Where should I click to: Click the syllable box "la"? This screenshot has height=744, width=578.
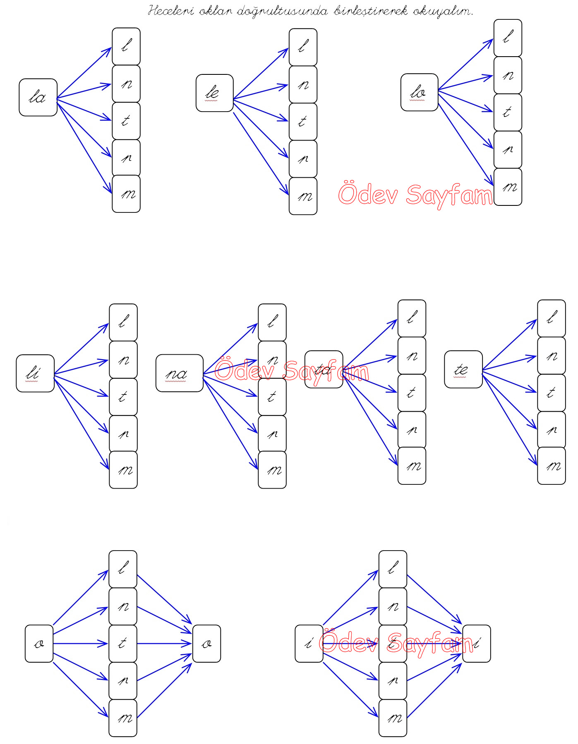(x=38, y=98)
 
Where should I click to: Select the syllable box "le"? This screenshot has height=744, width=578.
(x=214, y=93)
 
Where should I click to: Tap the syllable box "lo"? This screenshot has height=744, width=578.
(x=419, y=92)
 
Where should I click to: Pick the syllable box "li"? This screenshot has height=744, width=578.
(x=35, y=373)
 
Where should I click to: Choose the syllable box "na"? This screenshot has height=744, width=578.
(x=179, y=373)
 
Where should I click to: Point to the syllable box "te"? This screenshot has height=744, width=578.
(x=463, y=370)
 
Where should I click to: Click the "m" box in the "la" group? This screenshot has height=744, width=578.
(x=126, y=194)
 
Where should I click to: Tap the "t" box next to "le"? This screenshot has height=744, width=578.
(x=303, y=122)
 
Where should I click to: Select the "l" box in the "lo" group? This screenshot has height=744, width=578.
(x=508, y=38)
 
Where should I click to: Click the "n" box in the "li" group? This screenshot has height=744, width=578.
(x=123, y=360)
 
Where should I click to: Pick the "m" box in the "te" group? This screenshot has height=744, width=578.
(x=551, y=466)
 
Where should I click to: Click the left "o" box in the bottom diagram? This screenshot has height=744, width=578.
(x=39, y=644)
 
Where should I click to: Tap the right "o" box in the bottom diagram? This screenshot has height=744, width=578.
(x=206, y=644)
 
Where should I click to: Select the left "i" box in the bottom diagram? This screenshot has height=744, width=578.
(x=309, y=644)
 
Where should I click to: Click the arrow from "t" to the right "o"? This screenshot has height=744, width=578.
(x=164, y=644)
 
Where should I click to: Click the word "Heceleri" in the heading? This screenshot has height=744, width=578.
(x=171, y=11)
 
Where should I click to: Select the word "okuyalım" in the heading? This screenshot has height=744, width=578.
(x=443, y=11)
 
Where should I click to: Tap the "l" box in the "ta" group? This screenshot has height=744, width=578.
(x=412, y=318)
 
